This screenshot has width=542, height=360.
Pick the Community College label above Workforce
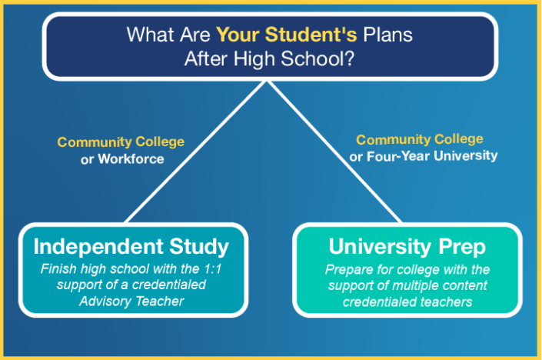[121, 142]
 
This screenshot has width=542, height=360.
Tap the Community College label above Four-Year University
[420, 139]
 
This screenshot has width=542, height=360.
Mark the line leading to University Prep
[338, 154]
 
